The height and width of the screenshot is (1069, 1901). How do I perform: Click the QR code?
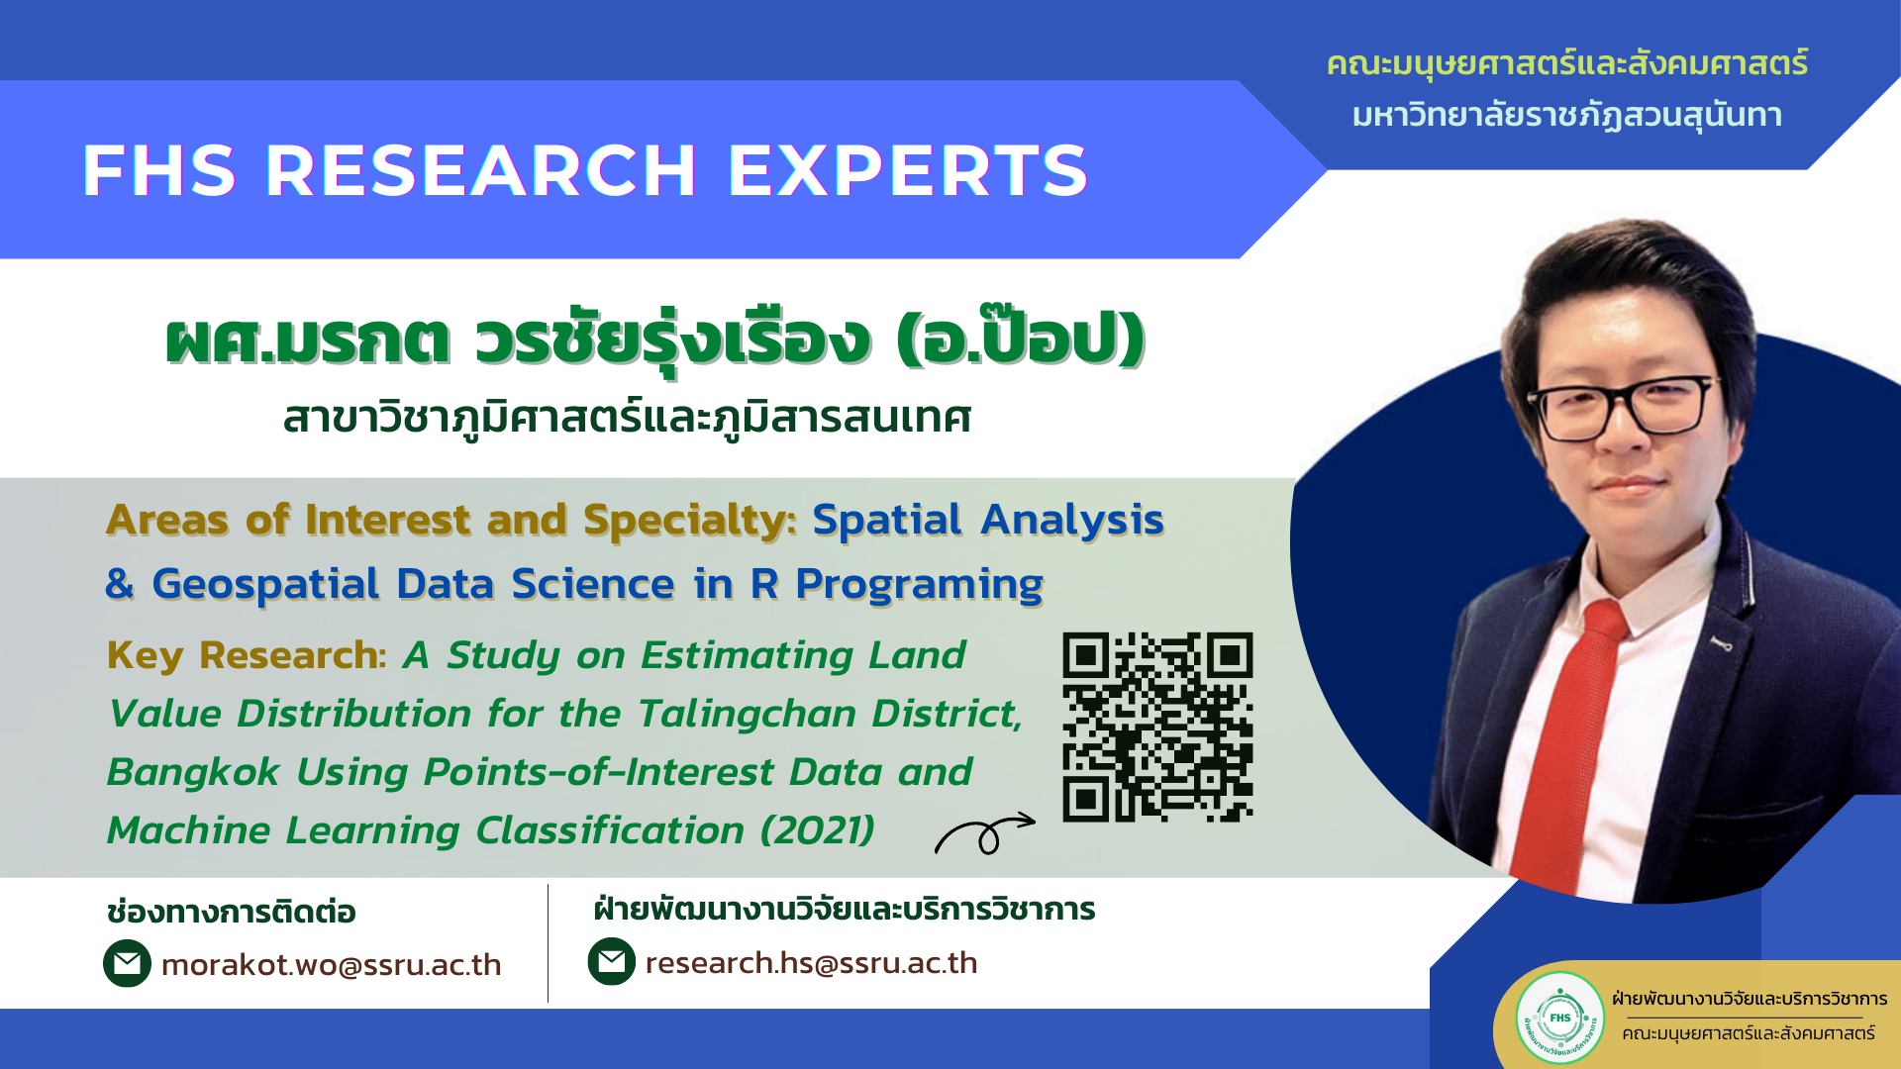coord(1157,728)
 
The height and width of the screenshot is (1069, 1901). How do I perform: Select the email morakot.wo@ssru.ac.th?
coord(331,965)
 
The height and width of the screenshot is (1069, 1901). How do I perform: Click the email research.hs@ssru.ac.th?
coord(811,963)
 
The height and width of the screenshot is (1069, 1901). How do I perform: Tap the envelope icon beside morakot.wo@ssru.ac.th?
coord(127,964)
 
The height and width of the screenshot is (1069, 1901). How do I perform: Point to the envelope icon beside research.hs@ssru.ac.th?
coord(611,961)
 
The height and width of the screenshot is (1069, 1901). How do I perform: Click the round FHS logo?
coord(1559,1017)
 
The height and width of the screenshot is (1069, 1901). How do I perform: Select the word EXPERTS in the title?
coord(908,170)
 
